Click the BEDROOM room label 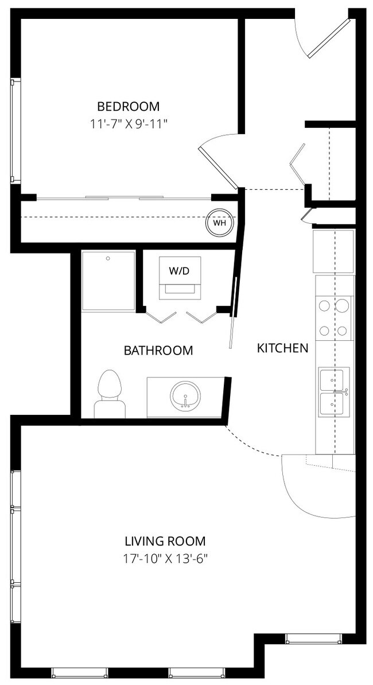click(128, 106)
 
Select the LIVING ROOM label click(165, 540)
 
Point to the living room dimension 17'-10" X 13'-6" click(165, 558)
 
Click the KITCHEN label click(282, 348)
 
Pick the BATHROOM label click(158, 351)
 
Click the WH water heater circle click(220, 223)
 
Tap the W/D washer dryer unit click(179, 277)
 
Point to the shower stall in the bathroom click(108, 281)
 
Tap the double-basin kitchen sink click(333, 391)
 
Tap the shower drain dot click(107, 259)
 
